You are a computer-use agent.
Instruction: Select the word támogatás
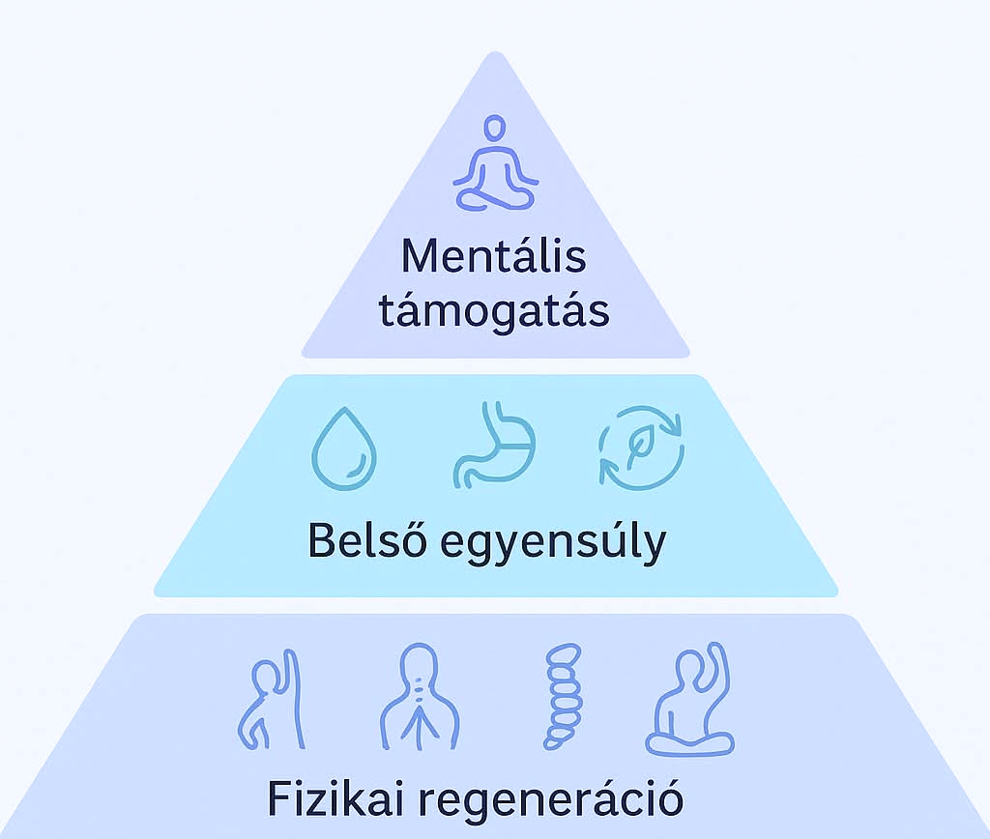pyautogui.click(x=494, y=312)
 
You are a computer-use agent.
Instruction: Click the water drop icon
pyautogui.click(x=343, y=450)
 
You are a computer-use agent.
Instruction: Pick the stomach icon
pyautogui.click(x=492, y=448)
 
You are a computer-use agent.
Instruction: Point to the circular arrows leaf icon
pyautogui.click(x=641, y=447)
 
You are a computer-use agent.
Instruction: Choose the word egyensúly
pyautogui.click(x=553, y=543)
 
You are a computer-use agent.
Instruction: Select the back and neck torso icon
pyautogui.click(x=417, y=698)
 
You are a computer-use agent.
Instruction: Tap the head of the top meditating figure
pyautogui.click(x=495, y=129)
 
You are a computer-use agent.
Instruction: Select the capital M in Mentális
pyautogui.click(x=419, y=257)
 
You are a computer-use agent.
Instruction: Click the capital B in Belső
pyautogui.click(x=320, y=541)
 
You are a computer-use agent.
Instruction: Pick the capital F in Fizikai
pyautogui.click(x=277, y=799)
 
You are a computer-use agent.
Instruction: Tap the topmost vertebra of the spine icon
pyautogui.click(x=559, y=653)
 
